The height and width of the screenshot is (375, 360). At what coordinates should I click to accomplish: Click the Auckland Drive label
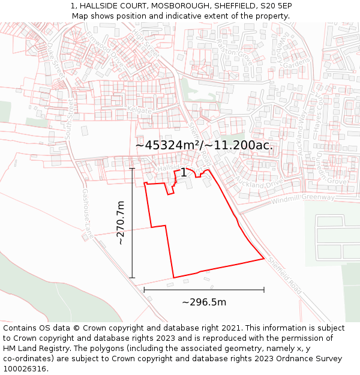259,180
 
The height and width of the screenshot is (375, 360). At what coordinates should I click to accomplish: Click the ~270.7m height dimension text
121,223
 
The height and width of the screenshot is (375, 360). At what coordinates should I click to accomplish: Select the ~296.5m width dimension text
204,302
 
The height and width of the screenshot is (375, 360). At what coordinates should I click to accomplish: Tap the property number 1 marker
184,173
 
